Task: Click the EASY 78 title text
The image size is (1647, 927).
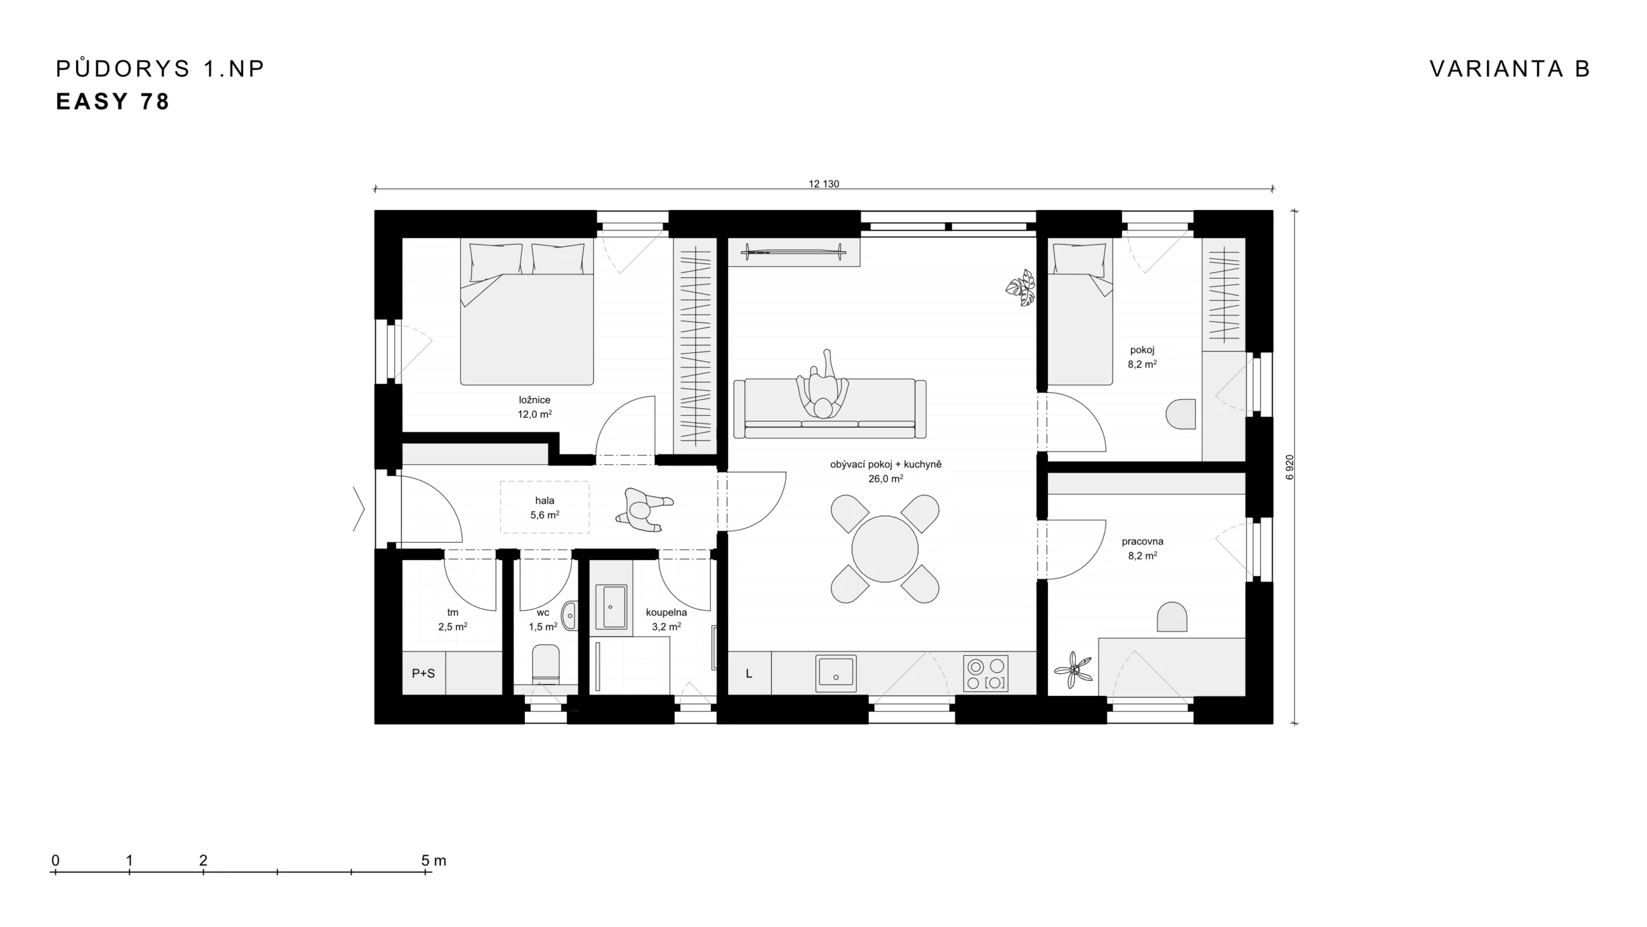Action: pos(113,102)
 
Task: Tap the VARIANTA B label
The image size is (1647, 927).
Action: pos(1510,68)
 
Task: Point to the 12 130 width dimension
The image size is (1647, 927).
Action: pos(823,183)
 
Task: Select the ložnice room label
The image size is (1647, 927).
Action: pos(535,400)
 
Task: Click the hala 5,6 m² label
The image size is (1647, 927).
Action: pos(544,507)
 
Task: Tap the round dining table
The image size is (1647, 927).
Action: pos(885,549)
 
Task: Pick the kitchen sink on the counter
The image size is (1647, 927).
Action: pos(836,673)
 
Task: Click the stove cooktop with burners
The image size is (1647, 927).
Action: pos(986,673)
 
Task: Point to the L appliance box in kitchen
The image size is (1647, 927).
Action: pos(749,673)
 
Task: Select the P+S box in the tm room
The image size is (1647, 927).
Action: pos(423,673)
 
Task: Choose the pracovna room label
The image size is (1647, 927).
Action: pos(1143,541)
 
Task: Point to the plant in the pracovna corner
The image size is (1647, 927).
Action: pos(1073,671)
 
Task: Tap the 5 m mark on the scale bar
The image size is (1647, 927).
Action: pos(425,872)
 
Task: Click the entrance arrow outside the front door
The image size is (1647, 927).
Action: pos(359,509)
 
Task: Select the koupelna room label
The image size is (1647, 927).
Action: pos(667,612)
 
